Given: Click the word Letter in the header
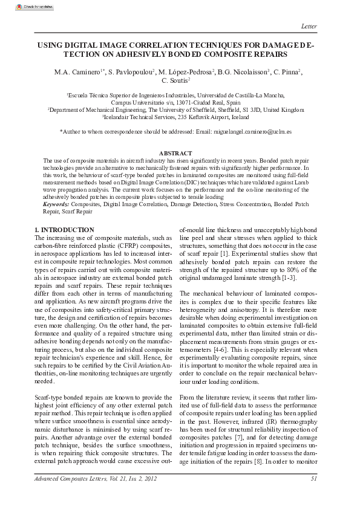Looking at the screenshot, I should pos(309,25).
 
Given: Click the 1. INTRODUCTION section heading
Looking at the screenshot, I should pos(65,230).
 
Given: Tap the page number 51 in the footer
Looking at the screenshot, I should pos(313,479).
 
